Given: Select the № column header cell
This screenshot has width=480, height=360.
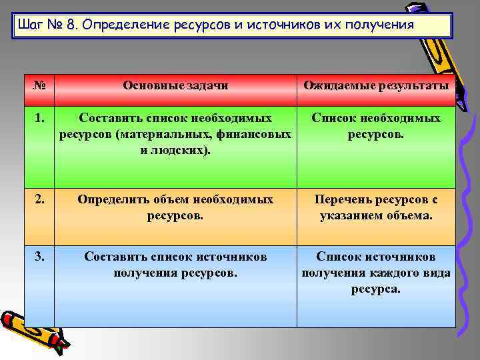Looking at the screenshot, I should coord(39,85).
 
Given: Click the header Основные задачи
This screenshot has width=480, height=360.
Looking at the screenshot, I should coord(175,85).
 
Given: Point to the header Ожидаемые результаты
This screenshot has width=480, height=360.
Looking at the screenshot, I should coord(376,85).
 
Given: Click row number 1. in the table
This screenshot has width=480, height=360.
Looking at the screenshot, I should coord(39,118).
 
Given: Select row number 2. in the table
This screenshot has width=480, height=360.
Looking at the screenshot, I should coord(39,199).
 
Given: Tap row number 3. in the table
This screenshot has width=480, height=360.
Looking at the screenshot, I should coord(39,257).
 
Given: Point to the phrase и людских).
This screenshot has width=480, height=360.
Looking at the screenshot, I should coord(175,150).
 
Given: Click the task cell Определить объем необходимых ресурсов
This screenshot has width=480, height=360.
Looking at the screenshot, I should coord(175,207).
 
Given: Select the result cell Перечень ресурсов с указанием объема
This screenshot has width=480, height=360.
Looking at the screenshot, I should coord(376,207).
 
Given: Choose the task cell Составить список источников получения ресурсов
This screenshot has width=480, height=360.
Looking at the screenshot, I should coord(175,265).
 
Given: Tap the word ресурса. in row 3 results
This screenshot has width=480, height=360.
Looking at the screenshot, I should coord(376,289).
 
